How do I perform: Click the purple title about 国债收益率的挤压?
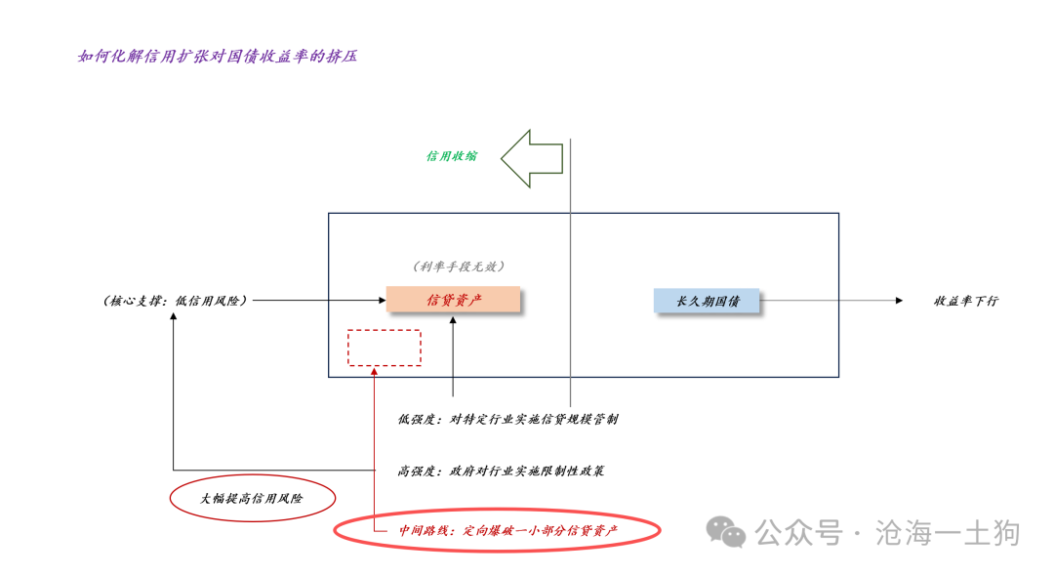click(x=217, y=57)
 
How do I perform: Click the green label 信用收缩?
click(x=451, y=156)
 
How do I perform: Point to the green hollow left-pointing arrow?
click(x=532, y=159)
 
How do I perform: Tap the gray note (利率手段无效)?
click(x=459, y=267)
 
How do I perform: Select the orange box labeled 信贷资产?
click(x=453, y=300)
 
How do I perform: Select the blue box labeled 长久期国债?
click(x=707, y=301)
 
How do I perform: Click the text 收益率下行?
click(x=966, y=301)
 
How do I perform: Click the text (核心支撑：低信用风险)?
click(x=175, y=301)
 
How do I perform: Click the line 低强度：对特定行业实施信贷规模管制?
click(x=507, y=419)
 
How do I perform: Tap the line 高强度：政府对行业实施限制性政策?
click(x=501, y=471)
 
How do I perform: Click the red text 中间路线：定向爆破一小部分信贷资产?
click(x=508, y=531)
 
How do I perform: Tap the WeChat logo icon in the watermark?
click(x=726, y=532)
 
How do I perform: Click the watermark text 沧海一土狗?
click(x=947, y=533)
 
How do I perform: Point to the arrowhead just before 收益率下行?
click(x=900, y=301)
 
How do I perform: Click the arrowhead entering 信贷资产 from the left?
click(x=383, y=300)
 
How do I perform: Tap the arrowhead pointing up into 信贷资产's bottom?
click(x=453, y=320)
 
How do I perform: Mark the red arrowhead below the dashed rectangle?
click(x=374, y=371)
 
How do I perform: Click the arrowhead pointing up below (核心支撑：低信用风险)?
click(x=174, y=316)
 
